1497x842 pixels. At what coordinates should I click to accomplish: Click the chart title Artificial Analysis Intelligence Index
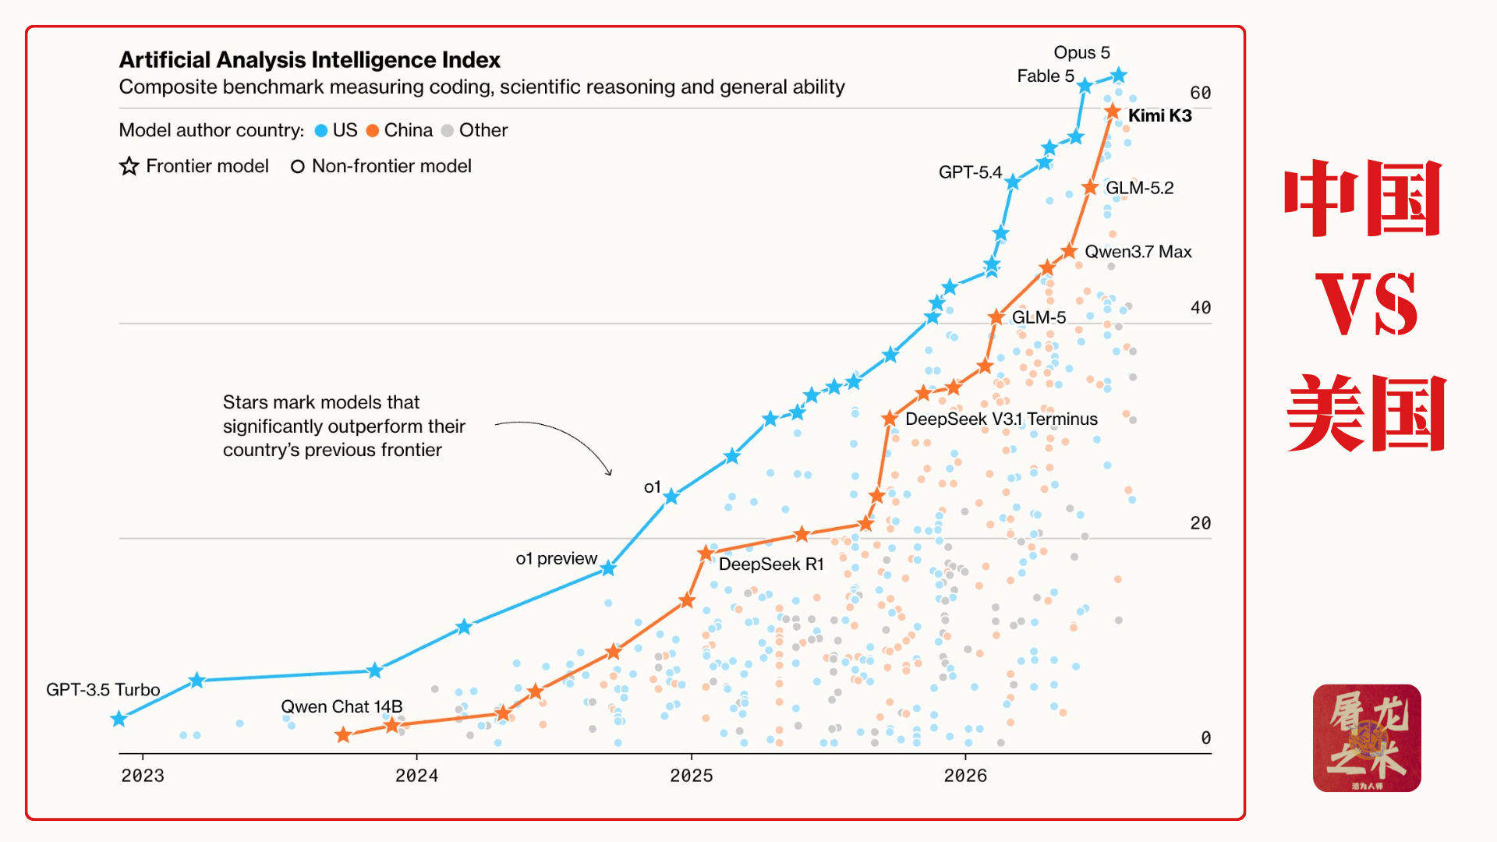(310, 60)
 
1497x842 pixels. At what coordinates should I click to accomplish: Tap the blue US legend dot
(321, 131)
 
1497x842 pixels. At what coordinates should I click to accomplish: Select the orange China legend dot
(373, 131)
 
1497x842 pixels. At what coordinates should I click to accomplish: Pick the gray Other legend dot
(448, 131)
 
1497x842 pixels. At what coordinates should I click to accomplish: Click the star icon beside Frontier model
(129, 166)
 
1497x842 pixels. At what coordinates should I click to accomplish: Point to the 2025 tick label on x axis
(692, 776)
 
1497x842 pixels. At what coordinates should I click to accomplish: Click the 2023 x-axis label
(143, 776)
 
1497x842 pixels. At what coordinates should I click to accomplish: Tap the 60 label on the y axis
(1201, 94)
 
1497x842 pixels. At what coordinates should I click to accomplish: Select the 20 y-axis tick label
(1201, 523)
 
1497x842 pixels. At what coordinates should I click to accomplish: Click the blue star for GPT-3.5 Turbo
(119, 719)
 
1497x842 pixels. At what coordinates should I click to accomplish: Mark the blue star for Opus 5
(1119, 76)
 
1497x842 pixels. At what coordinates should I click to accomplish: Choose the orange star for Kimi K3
(1113, 112)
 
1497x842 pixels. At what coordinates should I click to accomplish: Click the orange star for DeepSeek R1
(706, 554)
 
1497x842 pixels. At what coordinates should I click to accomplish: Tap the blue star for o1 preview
(608, 569)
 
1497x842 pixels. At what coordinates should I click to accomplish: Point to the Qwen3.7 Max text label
(1138, 252)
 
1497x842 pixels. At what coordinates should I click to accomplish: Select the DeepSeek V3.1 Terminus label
(1001, 419)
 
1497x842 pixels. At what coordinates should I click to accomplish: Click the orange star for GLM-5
(996, 317)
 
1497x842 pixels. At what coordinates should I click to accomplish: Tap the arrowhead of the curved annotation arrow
(610, 472)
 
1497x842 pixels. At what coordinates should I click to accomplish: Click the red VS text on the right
(1367, 304)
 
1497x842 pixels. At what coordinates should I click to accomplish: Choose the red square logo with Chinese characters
(1367, 738)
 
